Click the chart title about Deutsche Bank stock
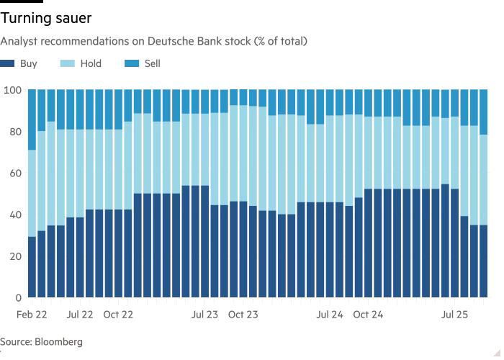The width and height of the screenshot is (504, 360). pos(154,42)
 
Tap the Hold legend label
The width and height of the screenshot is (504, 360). pos(91,63)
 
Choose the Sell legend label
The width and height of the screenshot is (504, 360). pos(151,63)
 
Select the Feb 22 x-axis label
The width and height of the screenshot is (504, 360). pos(32,315)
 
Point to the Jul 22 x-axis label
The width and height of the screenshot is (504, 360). pos(79,315)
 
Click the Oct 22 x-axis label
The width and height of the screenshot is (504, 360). pos(117,315)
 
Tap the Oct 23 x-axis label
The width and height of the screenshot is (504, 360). pos(243,315)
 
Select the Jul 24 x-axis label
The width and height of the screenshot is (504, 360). pos(330,315)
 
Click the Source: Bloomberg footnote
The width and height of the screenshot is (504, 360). pos(41,342)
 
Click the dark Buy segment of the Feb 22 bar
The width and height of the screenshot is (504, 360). pos(31,266)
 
